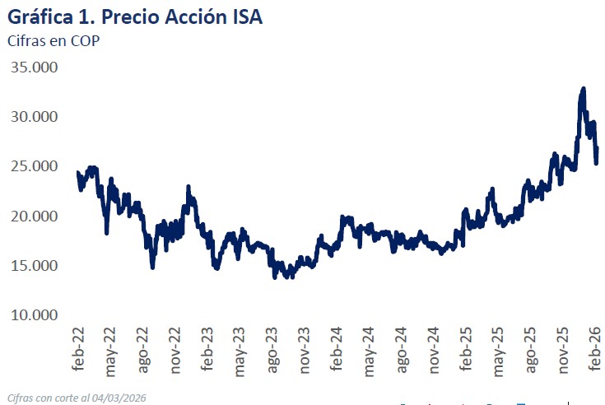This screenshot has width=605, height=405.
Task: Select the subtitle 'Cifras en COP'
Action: (53, 41)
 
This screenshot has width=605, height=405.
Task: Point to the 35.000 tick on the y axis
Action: (34, 67)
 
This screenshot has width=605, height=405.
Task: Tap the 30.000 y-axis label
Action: (34, 117)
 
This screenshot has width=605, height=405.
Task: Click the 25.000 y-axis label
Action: (34, 166)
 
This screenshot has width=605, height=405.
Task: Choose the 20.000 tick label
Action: (34, 216)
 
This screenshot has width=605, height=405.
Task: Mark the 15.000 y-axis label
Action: (34, 265)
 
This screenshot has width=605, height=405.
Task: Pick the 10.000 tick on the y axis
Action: (34, 314)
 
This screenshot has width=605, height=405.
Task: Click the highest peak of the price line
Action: (583, 88)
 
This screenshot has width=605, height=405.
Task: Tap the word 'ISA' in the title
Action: (245, 16)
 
